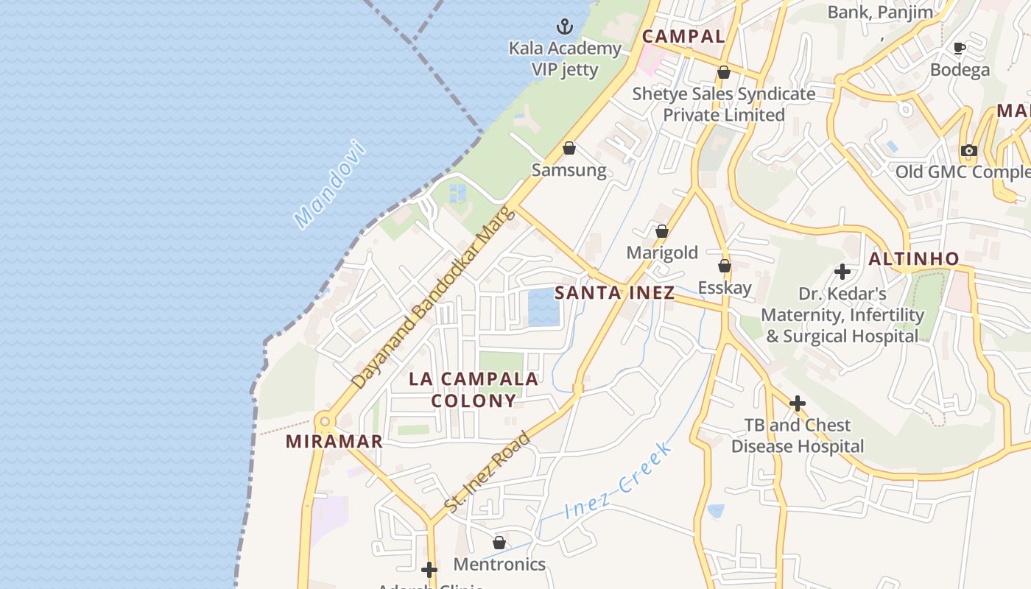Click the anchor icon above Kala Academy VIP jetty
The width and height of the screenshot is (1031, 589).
pyautogui.click(x=565, y=27)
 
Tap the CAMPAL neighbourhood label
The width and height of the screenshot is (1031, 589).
pyautogui.click(x=683, y=36)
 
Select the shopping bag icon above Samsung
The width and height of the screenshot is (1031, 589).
pyautogui.click(x=569, y=149)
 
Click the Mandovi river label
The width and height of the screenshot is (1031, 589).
pyautogui.click(x=329, y=183)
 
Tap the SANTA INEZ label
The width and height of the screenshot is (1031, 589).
pyautogui.click(x=614, y=292)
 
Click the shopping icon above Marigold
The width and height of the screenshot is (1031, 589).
pyautogui.click(x=662, y=231)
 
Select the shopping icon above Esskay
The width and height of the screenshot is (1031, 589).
pyautogui.click(x=725, y=266)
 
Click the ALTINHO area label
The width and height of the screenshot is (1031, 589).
pyautogui.click(x=913, y=259)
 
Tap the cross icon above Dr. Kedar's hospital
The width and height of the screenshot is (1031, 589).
pyautogui.click(x=842, y=272)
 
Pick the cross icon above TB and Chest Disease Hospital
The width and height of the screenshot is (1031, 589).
pyautogui.click(x=797, y=403)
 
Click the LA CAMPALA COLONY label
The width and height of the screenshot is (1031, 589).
pyautogui.click(x=474, y=389)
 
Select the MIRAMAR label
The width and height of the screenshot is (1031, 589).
pyautogui.click(x=334, y=442)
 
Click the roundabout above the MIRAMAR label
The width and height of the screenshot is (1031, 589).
pyautogui.click(x=324, y=422)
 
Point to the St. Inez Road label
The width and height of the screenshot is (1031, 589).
pyautogui.click(x=488, y=472)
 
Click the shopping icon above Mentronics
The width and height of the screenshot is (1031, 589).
pyautogui.click(x=499, y=543)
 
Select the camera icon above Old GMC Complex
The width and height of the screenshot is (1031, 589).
pyautogui.click(x=968, y=151)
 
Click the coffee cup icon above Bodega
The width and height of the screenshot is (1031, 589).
pyautogui.click(x=960, y=49)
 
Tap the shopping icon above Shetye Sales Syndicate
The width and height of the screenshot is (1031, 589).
pyautogui.click(x=724, y=72)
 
